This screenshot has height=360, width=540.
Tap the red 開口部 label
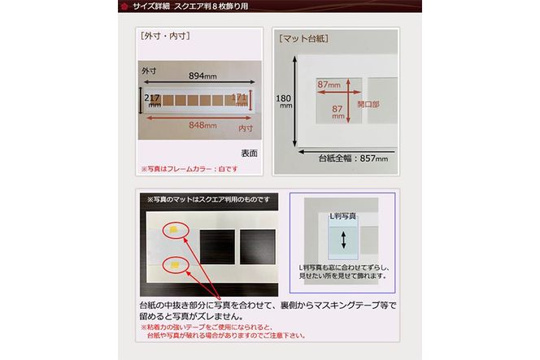coord(368,105)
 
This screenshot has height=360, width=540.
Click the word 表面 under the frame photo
coord(249,152)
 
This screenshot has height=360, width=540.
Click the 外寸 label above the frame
coord(148,71)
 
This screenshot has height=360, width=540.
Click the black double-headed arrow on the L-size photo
coord(342,241)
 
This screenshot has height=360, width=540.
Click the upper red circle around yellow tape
coord(175,231)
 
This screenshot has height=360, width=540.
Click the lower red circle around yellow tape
coord(175,263)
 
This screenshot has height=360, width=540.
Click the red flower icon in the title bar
coord(124,7)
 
